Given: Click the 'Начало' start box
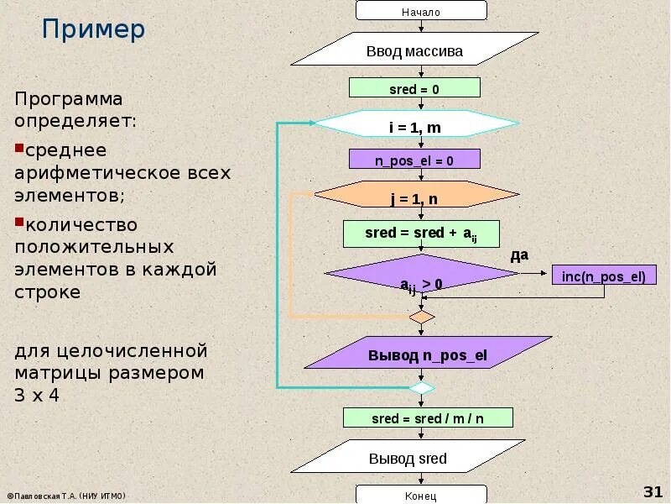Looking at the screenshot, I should [x=421, y=11].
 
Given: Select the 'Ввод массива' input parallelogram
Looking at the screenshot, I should [x=414, y=50].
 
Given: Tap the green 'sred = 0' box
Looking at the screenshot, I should [x=414, y=88].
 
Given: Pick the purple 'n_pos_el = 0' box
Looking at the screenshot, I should [x=414, y=160].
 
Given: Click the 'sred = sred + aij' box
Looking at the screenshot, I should [x=421, y=234].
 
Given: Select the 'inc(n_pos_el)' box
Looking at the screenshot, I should [x=604, y=276].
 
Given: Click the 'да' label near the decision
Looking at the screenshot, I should [x=519, y=254].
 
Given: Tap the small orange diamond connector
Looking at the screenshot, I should [x=421, y=318].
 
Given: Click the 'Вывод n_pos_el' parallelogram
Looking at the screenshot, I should [x=428, y=354].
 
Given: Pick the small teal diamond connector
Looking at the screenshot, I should [x=421, y=388].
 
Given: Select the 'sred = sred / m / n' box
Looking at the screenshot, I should [x=428, y=417].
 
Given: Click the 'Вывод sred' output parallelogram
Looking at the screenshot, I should [x=419, y=459].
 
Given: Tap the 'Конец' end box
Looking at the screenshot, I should [x=421, y=496].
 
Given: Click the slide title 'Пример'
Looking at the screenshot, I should [x=94, y=30].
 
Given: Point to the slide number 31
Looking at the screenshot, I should [x=653, y=491].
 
